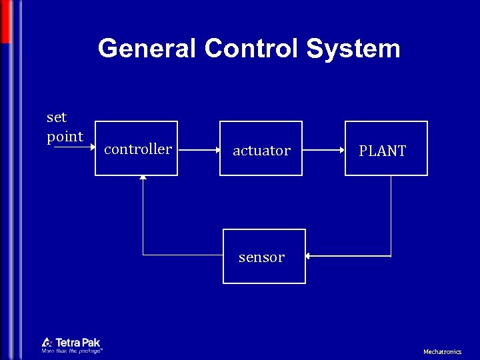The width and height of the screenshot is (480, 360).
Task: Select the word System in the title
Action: (x=353, y=49)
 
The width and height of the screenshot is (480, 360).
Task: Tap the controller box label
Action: (x=138, y=149)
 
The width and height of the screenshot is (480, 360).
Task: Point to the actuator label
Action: (x=261, y=151)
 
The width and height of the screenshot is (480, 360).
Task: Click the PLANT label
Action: (x=382, y=151)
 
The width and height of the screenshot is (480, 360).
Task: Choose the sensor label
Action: (x=261, y=257)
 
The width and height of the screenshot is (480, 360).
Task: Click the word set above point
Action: (x=57, y=118)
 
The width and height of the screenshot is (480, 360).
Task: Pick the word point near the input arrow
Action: (x=65, y=137)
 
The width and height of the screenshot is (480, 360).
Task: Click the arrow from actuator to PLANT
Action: (x=323, y=150)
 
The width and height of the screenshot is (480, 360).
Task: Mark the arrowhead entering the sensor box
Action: (x=310, y=255)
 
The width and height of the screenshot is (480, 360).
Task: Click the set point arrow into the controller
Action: (x=73, y=148)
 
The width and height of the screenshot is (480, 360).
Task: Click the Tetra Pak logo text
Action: (x=78, y=342)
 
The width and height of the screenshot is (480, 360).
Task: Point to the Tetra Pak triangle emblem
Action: (x=47, y=343)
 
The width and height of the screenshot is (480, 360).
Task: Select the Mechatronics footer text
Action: (x=442, y=351)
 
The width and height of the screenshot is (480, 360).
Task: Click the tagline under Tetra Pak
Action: (x=72, y=351)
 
